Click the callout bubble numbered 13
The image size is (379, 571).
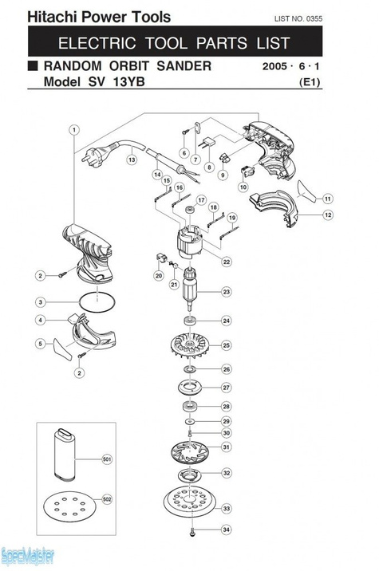132,159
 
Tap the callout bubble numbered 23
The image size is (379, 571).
227,292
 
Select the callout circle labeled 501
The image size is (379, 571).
107,459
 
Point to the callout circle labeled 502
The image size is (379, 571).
107,499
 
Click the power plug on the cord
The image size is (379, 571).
95,155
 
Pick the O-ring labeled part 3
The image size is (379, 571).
97,302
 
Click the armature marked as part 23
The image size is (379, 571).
190,289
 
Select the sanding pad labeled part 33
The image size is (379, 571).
190,503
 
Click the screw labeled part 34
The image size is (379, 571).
192,532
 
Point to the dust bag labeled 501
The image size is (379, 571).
64,454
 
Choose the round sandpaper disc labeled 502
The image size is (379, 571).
69,506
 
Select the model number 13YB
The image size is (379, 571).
129,81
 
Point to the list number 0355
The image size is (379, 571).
314,18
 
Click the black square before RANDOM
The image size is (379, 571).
33,65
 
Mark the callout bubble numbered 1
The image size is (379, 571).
74,130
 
